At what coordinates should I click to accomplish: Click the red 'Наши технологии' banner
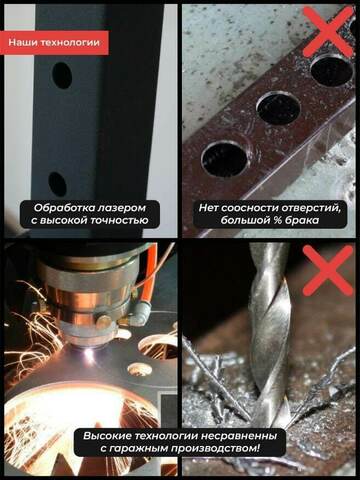point(54,43)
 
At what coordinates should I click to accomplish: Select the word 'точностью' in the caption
point(120,221)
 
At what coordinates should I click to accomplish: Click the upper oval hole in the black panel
point(62,75)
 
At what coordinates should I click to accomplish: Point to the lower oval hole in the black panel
point(57,184)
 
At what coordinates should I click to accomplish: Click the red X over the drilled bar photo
point(329,32)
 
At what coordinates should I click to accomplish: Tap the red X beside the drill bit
point(329,270)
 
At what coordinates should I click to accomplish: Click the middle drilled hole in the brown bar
point(279,109)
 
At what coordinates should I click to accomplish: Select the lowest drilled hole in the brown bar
point(225,159)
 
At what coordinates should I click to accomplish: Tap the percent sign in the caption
point(275,221)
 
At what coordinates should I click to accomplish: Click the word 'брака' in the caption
point(302,221)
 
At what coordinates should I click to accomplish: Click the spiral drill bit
point(269,333)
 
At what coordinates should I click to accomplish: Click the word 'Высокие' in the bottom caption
point(107,436)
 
